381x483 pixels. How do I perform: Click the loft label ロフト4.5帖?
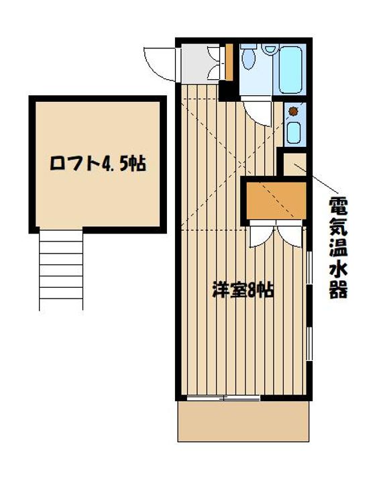[x=98, y=164]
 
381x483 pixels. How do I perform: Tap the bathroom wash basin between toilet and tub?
[x=270, y=49]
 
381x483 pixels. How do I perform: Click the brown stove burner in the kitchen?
[x=293, y=111]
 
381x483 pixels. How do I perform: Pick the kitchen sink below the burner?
[x=293, y=131]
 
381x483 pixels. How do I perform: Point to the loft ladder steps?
[x=61, y=269]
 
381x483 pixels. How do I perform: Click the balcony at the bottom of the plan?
[x=243, y=421]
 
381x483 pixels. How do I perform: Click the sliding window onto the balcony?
[x=223, y=398]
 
